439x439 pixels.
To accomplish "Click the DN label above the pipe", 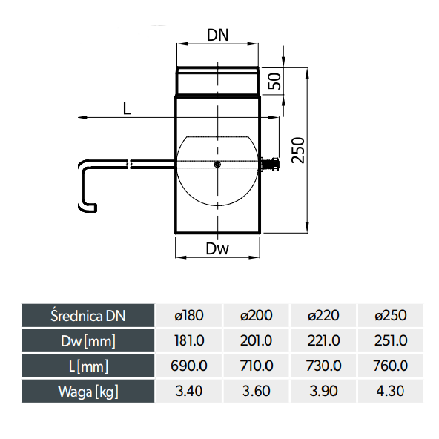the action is (217, 35).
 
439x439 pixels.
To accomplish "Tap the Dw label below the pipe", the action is (217, 248).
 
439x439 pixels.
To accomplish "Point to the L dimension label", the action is (127, 108).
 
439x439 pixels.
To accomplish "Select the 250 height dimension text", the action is (298, 150).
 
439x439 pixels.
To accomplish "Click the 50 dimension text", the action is (274, 81).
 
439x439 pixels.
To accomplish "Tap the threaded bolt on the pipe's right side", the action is (270, 165).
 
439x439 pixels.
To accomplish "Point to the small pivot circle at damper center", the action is (217, 165).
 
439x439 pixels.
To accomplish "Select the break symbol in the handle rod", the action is (129, 165).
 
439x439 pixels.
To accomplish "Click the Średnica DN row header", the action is (88, 316).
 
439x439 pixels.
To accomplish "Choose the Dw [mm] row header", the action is (88, 341).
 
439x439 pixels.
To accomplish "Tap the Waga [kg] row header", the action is (88, 392).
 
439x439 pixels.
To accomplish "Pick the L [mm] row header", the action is (88, 366).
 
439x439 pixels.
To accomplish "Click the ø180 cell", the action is (189, 316).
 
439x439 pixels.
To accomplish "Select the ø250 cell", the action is (391, 316).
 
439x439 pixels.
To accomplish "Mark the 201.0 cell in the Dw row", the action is (256, 340).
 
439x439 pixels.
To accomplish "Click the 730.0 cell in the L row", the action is (323, 366).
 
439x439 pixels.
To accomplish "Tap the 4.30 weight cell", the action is (390, 391).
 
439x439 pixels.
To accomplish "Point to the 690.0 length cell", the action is (189, 366).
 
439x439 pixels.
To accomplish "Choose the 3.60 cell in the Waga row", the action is (256, 391).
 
